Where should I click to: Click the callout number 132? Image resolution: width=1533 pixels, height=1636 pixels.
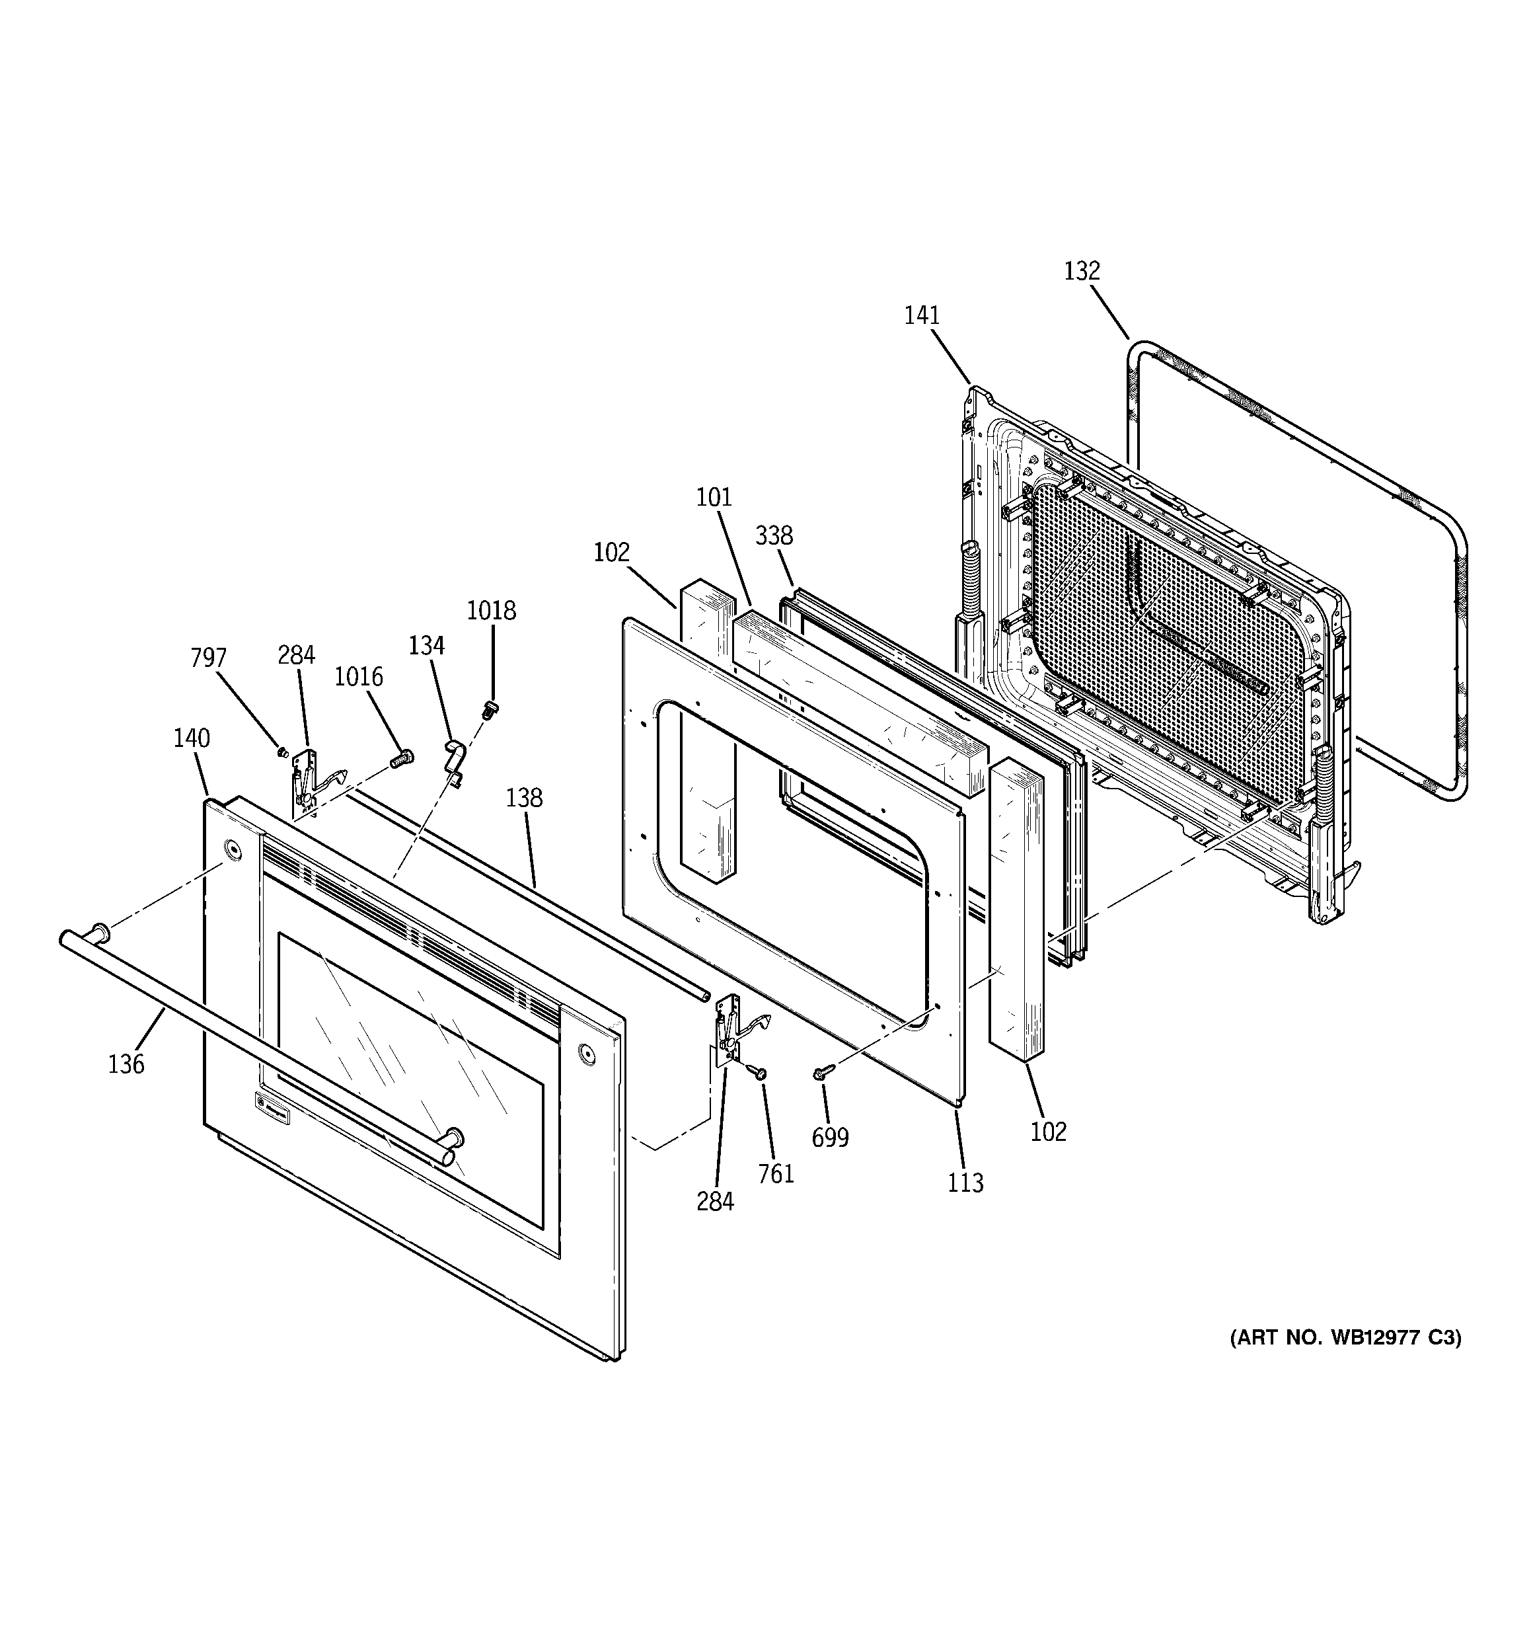click(1081, 271)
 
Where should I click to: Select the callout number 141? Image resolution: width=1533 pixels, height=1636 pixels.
click(922, 315)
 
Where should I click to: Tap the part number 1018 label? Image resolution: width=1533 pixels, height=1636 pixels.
click(491, 611)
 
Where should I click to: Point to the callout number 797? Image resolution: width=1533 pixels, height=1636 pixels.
click(208, 658)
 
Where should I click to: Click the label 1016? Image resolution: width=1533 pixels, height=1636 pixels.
click(359, 676)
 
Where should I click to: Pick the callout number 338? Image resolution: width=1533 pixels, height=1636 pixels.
click(774, 535)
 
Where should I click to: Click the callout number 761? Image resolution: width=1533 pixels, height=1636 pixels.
click(776, 1173)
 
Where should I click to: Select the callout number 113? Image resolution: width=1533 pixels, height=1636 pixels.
click(965, 1183)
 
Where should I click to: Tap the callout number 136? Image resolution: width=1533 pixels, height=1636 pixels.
click(126, 1064)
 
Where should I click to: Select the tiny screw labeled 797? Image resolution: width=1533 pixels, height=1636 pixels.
click(282, 750)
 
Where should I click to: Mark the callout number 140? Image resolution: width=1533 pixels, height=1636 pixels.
click(191, 738)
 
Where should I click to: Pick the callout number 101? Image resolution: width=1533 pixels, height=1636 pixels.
click(714, 497)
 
